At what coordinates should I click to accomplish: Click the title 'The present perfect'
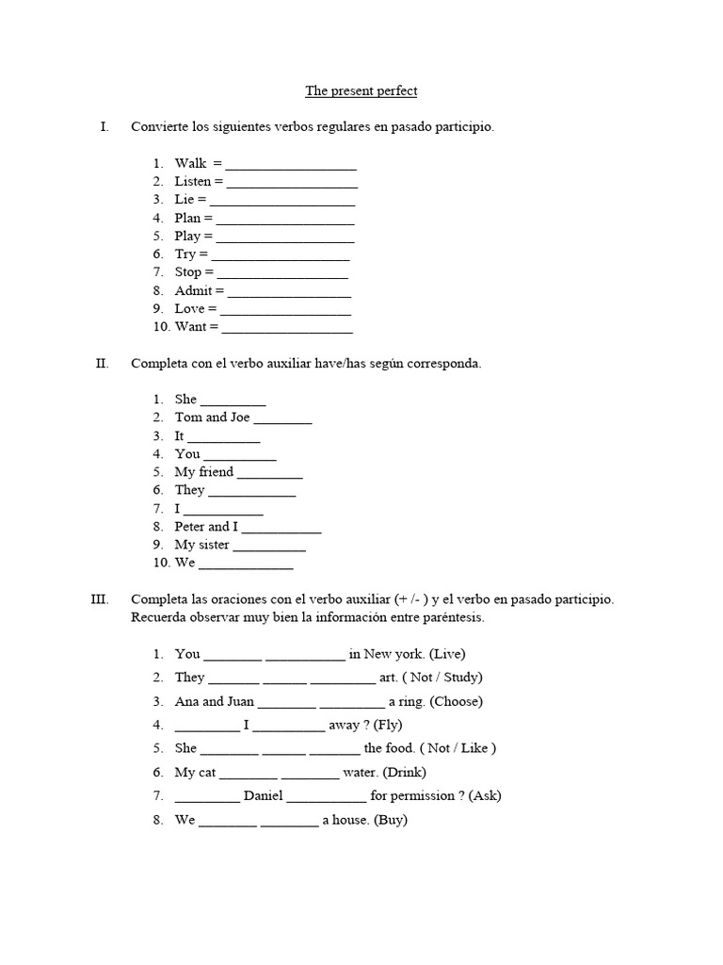pos(361,91)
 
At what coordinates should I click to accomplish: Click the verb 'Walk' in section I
pos(190,163)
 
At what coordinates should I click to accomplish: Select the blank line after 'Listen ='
pos(292,182)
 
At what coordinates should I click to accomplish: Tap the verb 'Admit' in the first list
pos(193,290)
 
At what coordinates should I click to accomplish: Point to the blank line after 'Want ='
pos(287,328)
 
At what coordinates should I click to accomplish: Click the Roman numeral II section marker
pos(103,363)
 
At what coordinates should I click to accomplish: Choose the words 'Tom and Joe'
pos(213,417)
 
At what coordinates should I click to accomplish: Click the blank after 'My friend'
pos(270,473)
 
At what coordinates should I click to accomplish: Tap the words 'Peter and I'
pos(207,527)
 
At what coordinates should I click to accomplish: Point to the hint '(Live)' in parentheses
pos(447,654)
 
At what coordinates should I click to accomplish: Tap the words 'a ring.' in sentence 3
pos(407,701)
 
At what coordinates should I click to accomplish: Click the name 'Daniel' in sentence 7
pos(263,795)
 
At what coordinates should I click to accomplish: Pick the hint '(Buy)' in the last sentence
pos(390,820)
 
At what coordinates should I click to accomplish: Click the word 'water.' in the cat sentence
pos(361,772)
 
